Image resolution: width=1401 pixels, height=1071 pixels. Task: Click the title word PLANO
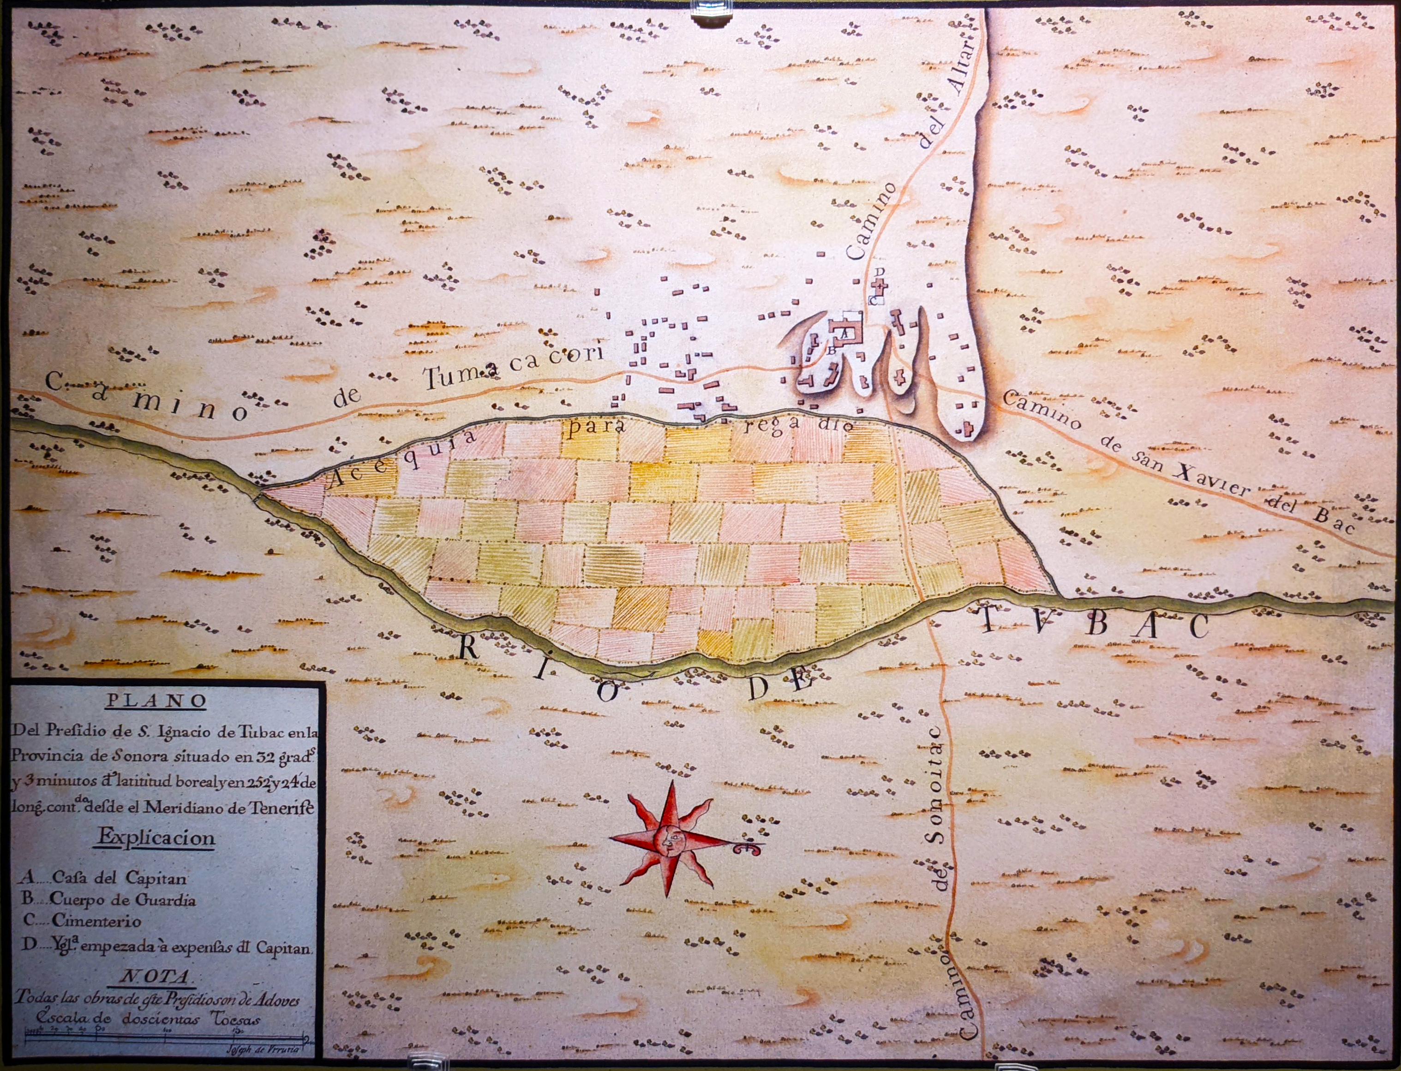(156, 700)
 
